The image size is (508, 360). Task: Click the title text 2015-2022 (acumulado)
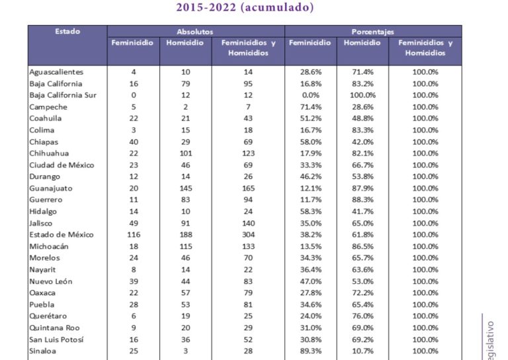[x=245, y=8]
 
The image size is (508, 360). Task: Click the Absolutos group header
[x=195, y=31]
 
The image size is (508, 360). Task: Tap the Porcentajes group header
[x=373, y=31]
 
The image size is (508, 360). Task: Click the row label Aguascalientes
[x=58, y=71]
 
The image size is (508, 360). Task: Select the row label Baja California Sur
[x=63, y=95]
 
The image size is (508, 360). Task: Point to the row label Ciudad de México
[x=62, y=165]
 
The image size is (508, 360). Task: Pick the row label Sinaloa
[x=44, y=351]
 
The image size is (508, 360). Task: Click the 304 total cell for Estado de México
[x=247, y=235]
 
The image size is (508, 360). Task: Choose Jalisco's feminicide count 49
[x=133, y=224]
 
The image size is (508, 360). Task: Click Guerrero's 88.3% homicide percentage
[x=362, y=200]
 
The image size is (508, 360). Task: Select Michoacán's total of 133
[x=247, y=247]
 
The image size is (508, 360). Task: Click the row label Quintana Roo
[x=55, y=328]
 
